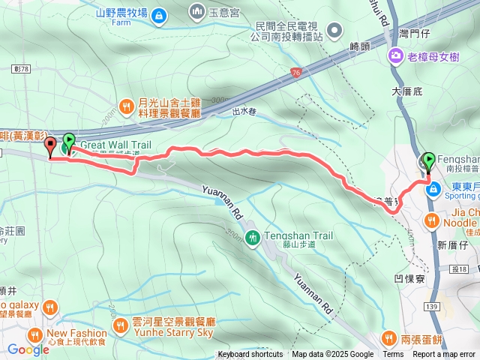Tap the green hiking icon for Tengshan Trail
pyautogui.click(x=253, y=237)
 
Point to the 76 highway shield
pyautogui.click(x=295, y=72)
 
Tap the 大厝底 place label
pyautogui.click(x=407, y=91)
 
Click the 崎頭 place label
pyautogui.click(x=360, y=46)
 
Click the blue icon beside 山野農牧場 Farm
pyautogui.click(x=158, y=16)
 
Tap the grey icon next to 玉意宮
pyautogui.click(x=196, y=11)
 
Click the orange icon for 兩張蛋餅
pyautogui.click(x=388, y=337)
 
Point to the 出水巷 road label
pyautogui.click(x=244, y=112)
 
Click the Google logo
pyautogui.click(x=28, y=349)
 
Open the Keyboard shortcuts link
pyautogui.click(x=250, y=355)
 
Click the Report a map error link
pyautogui.click(x=444, y=355)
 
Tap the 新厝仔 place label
pyautogui.click(x=452, y=244)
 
